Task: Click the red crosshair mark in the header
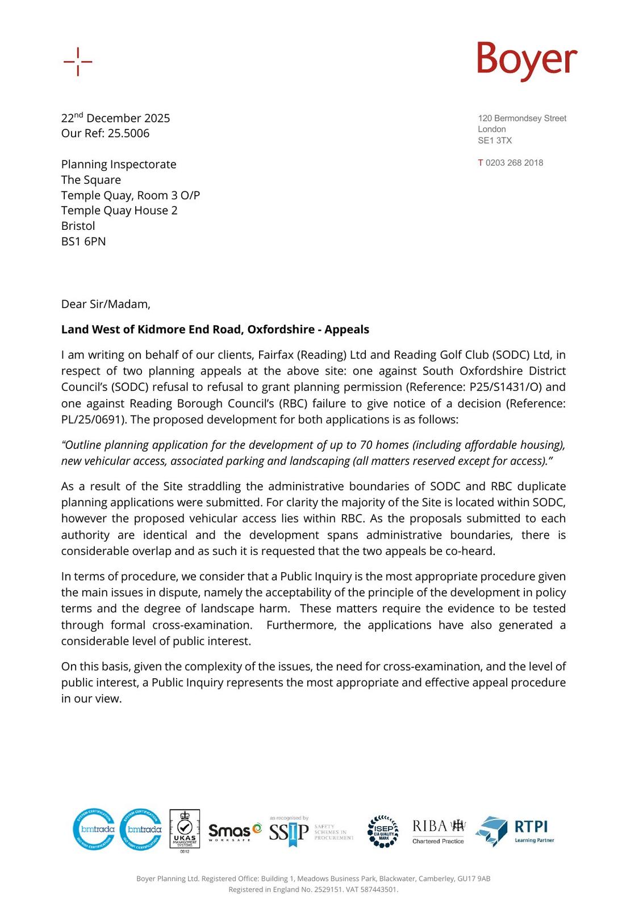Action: point(78,61)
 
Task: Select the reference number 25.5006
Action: point(128,133)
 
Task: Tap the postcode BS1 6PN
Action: point(83,241)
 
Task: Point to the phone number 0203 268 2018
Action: point(514,163)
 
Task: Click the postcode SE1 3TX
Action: point(494,140)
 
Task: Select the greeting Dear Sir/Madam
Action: point(106,304)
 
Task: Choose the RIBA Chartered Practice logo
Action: point(439,831)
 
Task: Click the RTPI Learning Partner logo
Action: point(515,831)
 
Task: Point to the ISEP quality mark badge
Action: point(383,831)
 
